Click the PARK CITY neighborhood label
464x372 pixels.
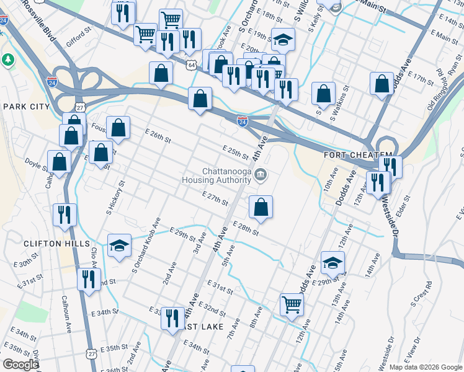pos(26,107)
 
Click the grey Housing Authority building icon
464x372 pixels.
pos(261,175)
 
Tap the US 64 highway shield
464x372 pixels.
pos(192,64)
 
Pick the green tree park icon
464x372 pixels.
pos(8,60)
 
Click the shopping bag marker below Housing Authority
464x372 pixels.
pos(261,207)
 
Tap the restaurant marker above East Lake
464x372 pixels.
pos(172,318)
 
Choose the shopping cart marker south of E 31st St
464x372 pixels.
pos(292,304)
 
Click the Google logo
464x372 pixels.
pos(20,365)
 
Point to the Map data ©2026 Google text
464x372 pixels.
pos(425,367)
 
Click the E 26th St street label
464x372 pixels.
pos(158,138)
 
